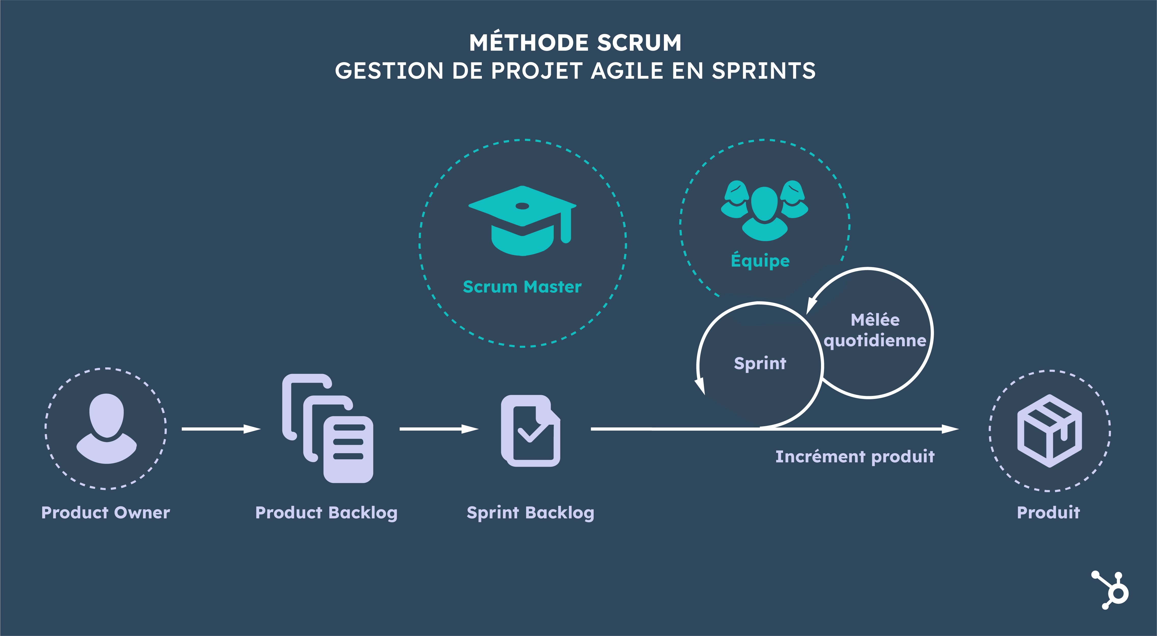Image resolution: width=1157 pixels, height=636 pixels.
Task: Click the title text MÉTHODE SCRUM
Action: [x=575, y=43]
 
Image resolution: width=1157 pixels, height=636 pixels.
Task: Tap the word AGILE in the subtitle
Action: [x=627, y=71]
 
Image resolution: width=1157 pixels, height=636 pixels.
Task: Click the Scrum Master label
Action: [x=522, y=287]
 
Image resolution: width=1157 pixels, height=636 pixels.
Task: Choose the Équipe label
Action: [x=760, y=260]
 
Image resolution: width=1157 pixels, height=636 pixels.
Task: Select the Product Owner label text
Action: [x=106, y=513]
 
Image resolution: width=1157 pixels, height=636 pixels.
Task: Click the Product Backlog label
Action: [x=326, y=513]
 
